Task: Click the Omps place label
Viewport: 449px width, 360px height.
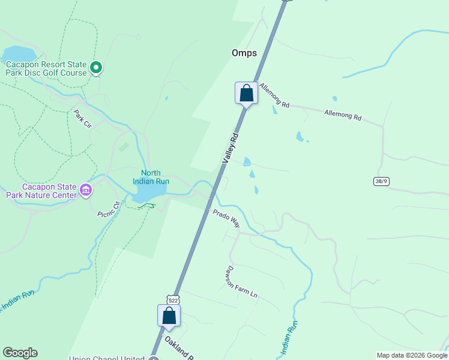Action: coord(244,53)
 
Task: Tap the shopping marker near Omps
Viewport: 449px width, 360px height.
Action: coord(246,93)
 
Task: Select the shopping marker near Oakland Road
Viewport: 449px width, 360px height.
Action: coord(169,316)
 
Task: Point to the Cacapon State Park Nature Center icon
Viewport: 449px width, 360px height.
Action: coord(86,190)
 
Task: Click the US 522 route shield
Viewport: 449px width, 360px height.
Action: coord(172,299)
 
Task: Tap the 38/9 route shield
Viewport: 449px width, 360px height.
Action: coord(381,180)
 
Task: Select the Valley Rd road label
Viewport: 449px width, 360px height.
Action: coord(231,148)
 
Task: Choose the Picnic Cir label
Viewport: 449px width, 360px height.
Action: coord(109,208)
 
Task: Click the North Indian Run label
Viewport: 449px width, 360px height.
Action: coord(151,177)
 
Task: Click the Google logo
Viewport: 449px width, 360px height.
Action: coord(20,353)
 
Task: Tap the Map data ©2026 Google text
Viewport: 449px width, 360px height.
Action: coord(412,355)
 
